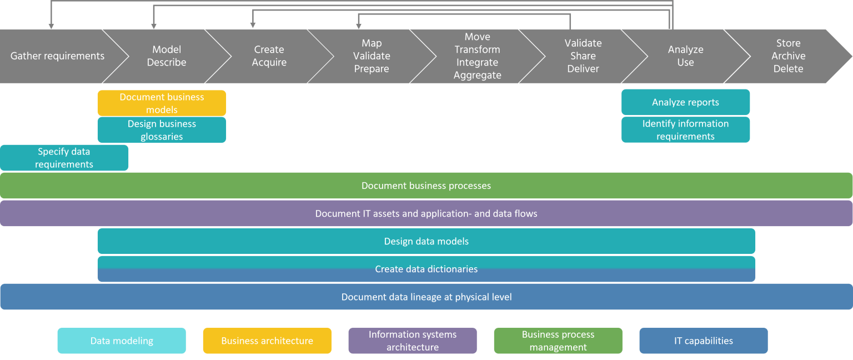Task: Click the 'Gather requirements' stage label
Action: pos(57,56)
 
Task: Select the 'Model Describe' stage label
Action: pos(167,56)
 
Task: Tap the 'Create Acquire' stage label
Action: pos(269,56)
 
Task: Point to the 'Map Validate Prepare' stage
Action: pos(372,56)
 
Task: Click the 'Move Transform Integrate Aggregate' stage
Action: pos(477,56)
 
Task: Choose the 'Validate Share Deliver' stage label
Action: pos(583,56)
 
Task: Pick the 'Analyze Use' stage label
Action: pos(685,56)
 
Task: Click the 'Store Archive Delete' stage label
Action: pos(788,56)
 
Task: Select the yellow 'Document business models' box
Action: pos(162,103)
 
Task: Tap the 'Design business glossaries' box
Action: pos(162,130)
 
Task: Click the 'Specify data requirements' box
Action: pos(64,158)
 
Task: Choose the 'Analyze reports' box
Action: pos(685,102)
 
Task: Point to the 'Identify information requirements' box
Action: pos(685,130)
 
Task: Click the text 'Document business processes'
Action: pos(426,186)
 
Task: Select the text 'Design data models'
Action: pos(426,241)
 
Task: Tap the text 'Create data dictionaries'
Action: pos(426,269)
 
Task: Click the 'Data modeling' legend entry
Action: pos(122,341)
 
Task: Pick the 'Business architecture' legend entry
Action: pos(267,341)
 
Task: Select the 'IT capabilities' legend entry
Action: pos(703,341)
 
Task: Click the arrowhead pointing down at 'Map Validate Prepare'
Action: pos(359,25)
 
